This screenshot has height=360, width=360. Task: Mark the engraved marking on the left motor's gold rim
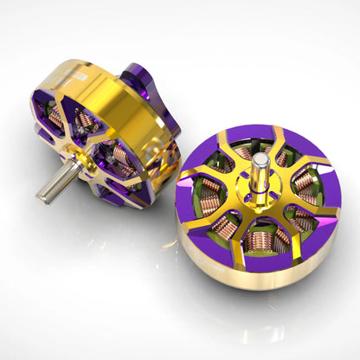click(x=82, y=77)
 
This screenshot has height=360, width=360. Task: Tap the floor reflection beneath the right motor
click(x=260, y=320)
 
